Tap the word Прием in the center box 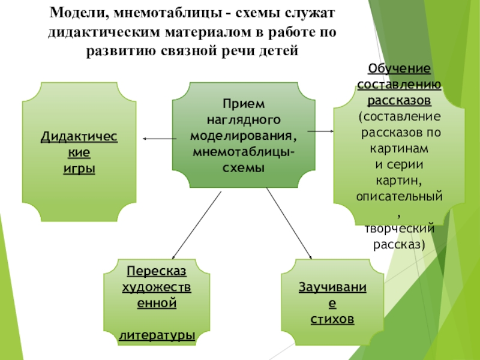point(244,104)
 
